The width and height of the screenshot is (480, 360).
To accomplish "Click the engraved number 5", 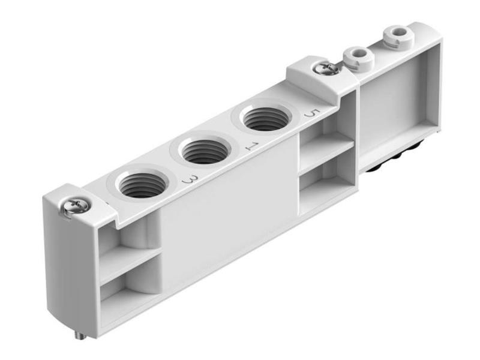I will tap(310, 113).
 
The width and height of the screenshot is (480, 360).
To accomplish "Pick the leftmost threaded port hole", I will tap(140, 185).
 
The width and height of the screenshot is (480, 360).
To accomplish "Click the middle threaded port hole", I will tap(204, 152).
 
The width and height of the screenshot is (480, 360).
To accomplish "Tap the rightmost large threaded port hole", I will tap(263, 119).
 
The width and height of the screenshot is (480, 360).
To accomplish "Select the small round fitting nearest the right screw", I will tap(358, 58).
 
